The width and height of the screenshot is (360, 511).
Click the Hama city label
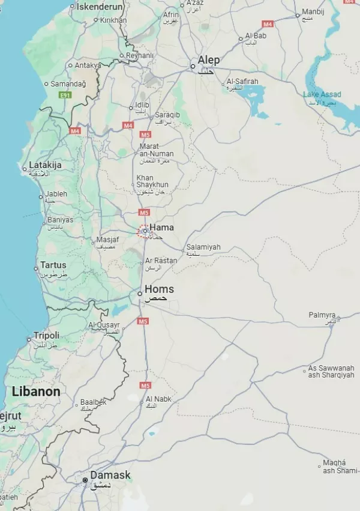tap(161, 228)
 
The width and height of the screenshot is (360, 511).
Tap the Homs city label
tap(159, 289)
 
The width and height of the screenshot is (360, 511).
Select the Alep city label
tap(209, 60)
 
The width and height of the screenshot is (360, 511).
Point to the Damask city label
tap(110, 476)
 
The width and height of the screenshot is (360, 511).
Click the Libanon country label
tap(36, 392)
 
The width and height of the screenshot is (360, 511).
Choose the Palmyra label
tap(322, 315)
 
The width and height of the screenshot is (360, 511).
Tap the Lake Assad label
tap(322, 94)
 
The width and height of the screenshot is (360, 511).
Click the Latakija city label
tap(46, 165)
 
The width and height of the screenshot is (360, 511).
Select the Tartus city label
tap(53, 265)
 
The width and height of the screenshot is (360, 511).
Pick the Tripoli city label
tap(46, 335)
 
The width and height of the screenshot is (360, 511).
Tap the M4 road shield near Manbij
tap(268, 24)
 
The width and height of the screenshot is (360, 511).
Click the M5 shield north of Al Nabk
tap(145, 385)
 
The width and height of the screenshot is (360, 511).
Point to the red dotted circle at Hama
tap(144, 231)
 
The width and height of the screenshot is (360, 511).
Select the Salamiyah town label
tap(203, 247)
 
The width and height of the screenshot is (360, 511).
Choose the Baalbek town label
tap(93, 402)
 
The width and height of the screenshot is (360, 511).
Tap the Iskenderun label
tap(100, 7)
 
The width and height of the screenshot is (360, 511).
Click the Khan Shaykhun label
tap(152, 181)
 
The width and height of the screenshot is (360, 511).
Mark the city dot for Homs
tap(140, 294)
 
